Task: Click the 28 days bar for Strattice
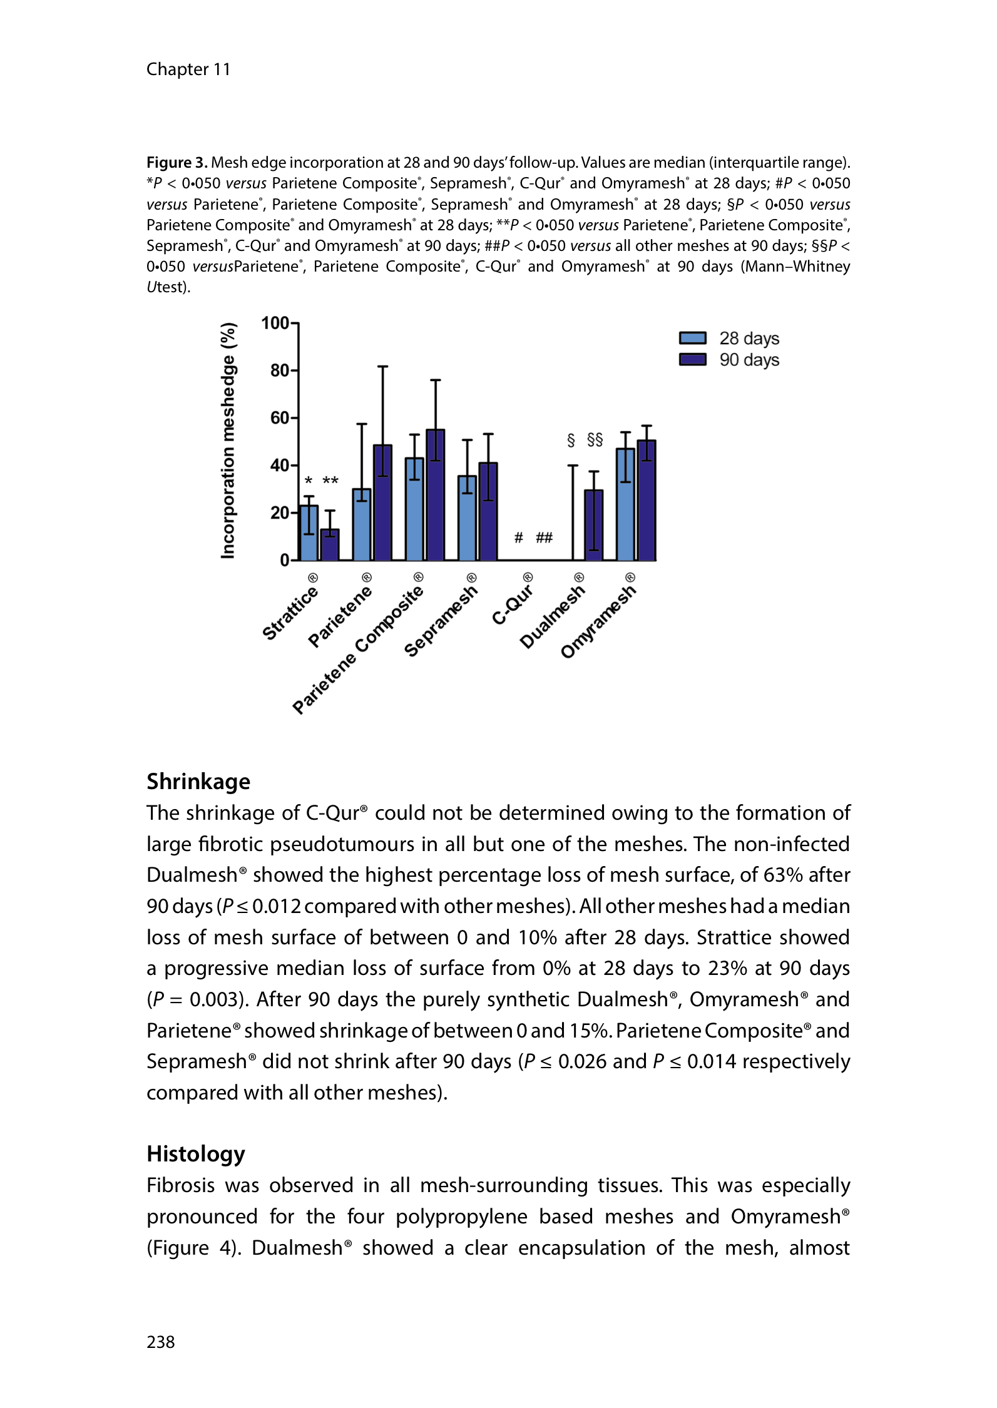[309, 533]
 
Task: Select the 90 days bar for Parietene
[382, 502]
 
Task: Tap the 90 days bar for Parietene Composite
[435, 495]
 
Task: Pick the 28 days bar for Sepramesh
[467, 518]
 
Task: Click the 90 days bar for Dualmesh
[593, 525]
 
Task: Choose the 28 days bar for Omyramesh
[625, 504]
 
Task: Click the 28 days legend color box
[692, 339]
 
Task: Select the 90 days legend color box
[692, 360]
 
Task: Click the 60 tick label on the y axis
[280, 418]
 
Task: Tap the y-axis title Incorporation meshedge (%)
[228, 441]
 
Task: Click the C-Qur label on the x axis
[513, 604]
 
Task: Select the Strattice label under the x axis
[290, 613]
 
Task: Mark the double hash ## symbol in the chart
[544, 538]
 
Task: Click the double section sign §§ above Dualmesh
[595, 440]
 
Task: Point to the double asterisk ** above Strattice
[330, 481]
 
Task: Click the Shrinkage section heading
[198, 782]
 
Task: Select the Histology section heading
[196, 1153]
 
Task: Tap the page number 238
[161, 1341]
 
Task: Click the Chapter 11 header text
[188, 69]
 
